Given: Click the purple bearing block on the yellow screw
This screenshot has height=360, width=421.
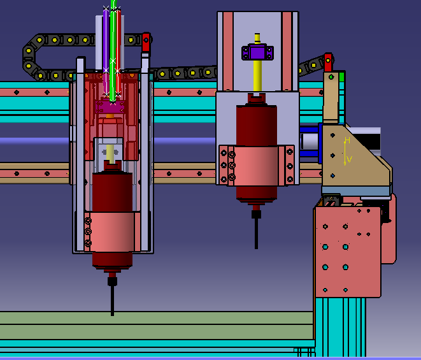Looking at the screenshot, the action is pyautogui.click(x=257, y=53).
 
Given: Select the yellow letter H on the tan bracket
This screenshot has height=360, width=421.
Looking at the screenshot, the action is pyautogui.click(x=347, y=140).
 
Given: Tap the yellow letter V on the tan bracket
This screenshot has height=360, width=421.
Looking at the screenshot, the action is pyautogui.click(x=349, y=159).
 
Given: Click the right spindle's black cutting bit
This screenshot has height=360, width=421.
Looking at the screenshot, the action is pyautogui.click(x=257, y=233).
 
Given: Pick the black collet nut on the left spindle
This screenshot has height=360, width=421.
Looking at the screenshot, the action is pyautogui.click(x=113, y=282).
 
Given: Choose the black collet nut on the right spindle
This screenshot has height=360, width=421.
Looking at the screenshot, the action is pyautogui.click(x=257, y=214).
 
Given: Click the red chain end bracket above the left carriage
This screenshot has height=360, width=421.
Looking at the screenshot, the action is pyautogui.click(x=146, y=42).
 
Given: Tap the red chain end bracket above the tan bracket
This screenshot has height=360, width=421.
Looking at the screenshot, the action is pyautogui.click(x=328, y=62).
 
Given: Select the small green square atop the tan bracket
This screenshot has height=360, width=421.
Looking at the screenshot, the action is pyautogui.click(x=341, y=76).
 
